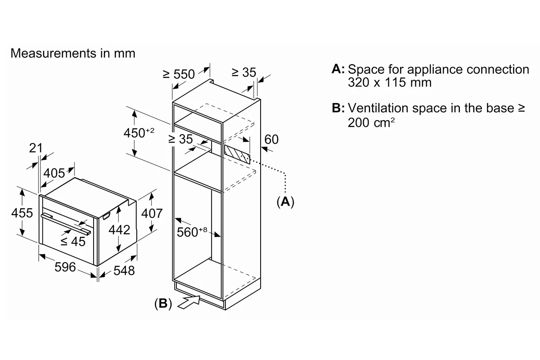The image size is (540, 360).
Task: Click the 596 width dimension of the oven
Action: point(65,267)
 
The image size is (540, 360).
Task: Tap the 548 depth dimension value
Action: point(124,270)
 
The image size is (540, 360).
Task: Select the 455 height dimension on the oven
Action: point(22,213)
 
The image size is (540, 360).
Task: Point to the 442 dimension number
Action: point(119,229)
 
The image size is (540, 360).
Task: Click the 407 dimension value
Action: point(152,213)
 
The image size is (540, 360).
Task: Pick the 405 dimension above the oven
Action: point(54,173)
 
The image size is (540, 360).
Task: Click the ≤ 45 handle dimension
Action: point(73,241)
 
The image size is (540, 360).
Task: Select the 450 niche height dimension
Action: point(139,132)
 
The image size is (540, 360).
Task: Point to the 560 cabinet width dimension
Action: point(192,232)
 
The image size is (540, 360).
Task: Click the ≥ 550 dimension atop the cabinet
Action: point(179,74)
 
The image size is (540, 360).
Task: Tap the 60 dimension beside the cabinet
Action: point(271,139)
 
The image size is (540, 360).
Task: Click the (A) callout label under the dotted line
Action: point(285,202)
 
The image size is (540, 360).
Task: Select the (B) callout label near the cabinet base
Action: point(163,303)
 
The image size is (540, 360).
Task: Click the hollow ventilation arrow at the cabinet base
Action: point(189,302)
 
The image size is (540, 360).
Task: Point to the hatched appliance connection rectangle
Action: point(237,154)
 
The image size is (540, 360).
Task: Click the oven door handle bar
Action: point(66,224)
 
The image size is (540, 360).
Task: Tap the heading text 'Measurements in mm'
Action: point(73,53)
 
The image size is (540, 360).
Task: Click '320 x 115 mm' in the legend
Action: point(390,82)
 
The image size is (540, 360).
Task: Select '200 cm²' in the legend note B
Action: point(371,122)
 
